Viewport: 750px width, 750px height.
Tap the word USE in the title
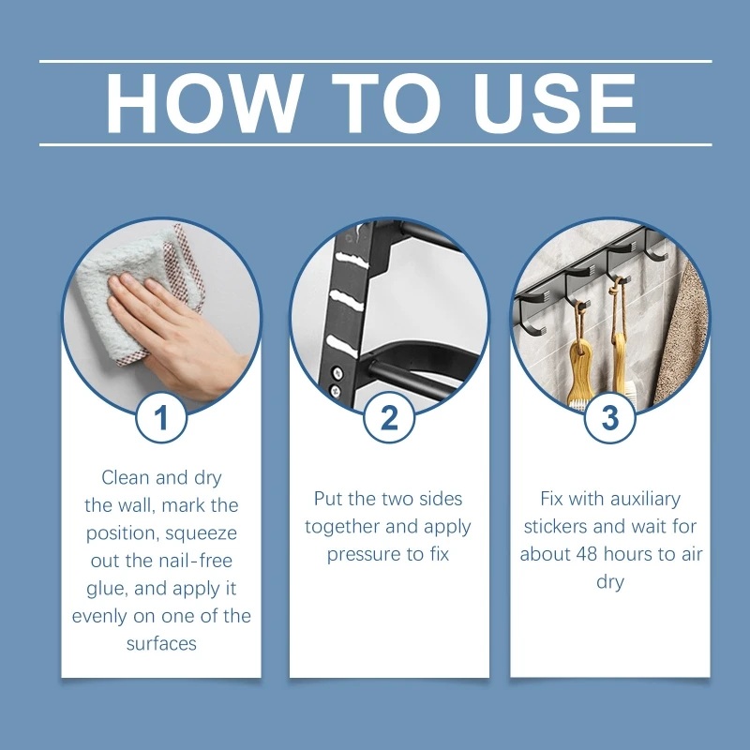(554, 103)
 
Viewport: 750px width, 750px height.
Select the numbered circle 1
(161, 417)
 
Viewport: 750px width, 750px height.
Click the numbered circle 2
(389, 417)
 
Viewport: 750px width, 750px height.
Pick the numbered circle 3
(610, 417)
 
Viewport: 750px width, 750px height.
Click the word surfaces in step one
(161, 644)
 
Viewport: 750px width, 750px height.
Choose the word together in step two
(342, 527)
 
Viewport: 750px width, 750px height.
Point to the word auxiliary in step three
(645, 499)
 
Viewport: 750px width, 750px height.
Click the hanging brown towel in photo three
(682, 335)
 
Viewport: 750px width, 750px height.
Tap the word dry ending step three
(610, 582)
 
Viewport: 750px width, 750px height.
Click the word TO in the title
(386, 103)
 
